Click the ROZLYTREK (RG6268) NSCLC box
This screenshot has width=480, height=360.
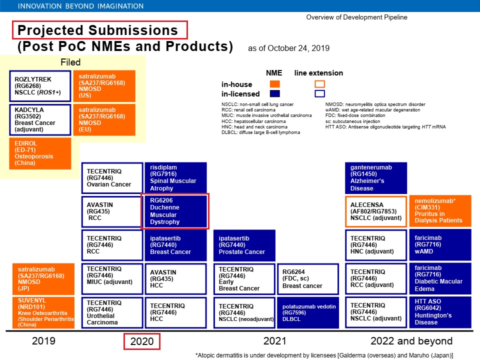tap(40, 86)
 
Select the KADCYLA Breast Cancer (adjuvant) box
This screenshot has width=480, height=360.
tap(40, 119)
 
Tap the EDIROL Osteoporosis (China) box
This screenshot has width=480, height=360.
tap(40, 152)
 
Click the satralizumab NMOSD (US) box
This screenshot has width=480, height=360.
tap(104, 86)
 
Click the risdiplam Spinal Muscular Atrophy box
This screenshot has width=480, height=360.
tap(175, 177)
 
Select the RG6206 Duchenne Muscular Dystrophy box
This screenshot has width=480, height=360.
tap(175, 211)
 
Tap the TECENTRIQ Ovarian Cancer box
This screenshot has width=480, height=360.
tap(111, 177)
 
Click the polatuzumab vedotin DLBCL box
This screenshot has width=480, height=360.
tap(307, 312)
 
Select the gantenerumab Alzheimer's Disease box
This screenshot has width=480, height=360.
tap(376, 177)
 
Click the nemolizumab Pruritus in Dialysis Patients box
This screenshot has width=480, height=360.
tap(440, 211)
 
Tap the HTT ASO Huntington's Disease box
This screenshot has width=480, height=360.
tap(440, 312)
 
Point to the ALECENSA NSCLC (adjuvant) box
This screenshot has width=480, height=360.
tap(376, 211)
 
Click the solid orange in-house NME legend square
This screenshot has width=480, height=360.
tap(274, 84)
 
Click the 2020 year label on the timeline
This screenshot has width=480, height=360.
tap(142, 342)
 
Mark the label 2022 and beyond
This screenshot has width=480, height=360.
tap(411, 341)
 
